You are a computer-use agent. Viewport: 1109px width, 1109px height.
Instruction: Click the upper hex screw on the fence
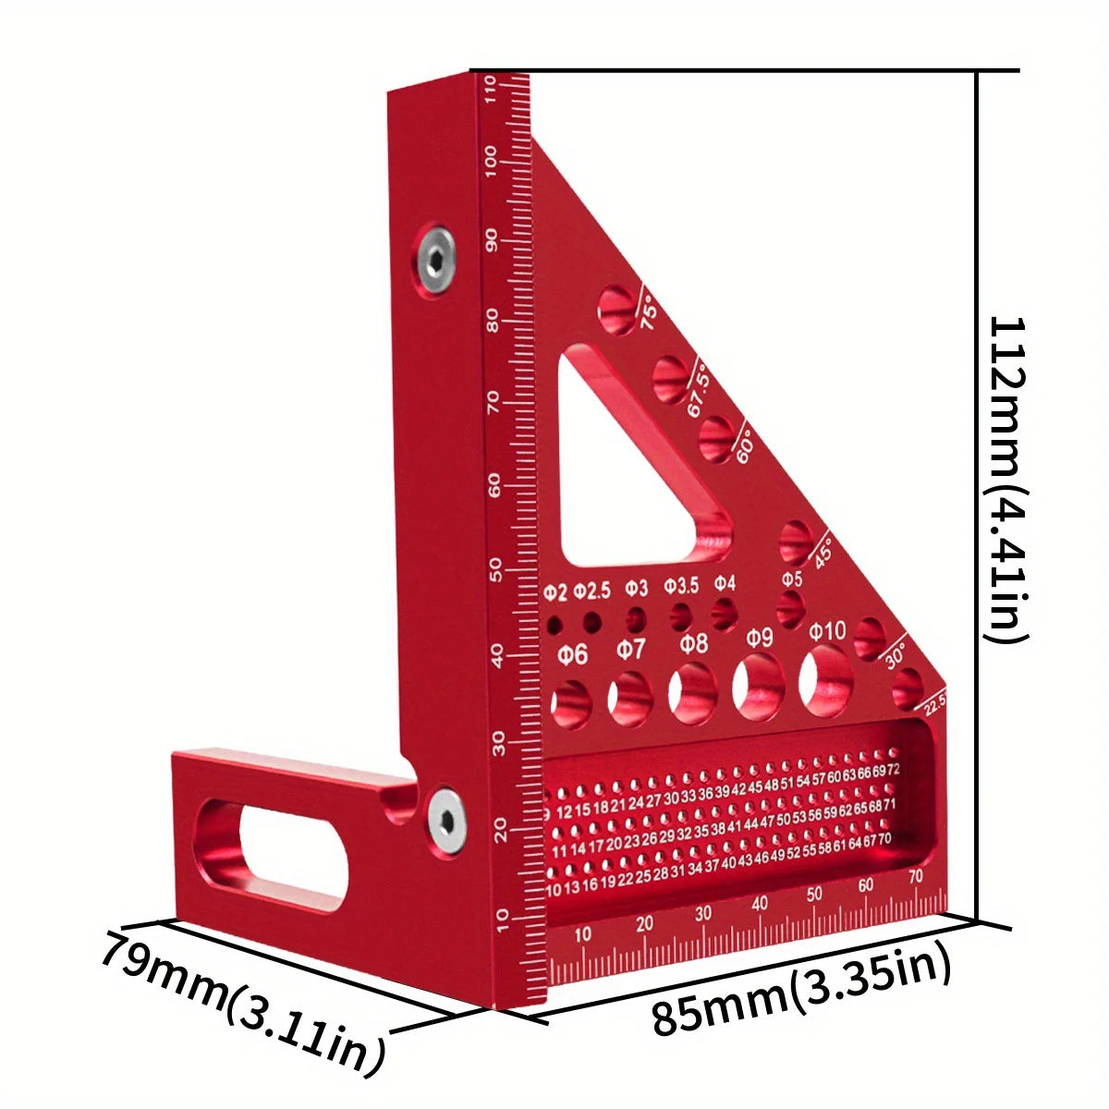pyautogui.click(x=434, y=259)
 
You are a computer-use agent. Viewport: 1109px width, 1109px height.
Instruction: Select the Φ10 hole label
pyautogui.click(x=827, y=631)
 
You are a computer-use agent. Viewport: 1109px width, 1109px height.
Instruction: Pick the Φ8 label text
pyautogui.click(x=693, y=643)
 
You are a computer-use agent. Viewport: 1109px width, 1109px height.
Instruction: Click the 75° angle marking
pyautogui.click(x=650, y=312)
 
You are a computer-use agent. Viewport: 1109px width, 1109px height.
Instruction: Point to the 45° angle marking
pyautogui.click(x=822, y=552)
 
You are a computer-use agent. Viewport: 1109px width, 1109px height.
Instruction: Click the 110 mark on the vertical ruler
pyautogui.click(x=491, y=90)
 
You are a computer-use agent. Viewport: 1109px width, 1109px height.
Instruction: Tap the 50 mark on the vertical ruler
pyautogui.click(x=495, y=566)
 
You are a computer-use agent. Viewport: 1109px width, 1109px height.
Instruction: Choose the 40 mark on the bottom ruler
pyautogui.click(x=760, y=903)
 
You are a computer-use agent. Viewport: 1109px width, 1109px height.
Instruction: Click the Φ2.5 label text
pyautogui.click(x=591, y=590)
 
